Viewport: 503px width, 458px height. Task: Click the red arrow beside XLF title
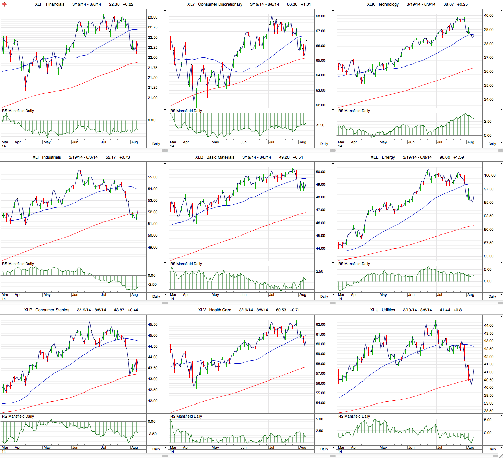(4, 4)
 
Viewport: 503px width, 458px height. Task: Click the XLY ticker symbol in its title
(191, 4)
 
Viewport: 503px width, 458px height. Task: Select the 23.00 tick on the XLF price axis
(152, 17)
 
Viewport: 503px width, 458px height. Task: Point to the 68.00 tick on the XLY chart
(320, 16)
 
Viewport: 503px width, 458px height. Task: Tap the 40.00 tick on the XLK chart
(489, 15)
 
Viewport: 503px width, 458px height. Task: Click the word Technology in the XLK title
(388, 4)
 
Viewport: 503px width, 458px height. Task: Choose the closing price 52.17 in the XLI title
(111, 157)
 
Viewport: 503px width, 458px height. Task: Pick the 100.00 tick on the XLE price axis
(490, 175)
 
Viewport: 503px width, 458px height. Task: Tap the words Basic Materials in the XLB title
(220, 157)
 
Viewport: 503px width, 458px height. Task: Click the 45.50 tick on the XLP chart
(152, 324)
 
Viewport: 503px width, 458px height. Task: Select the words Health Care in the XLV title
(220, 310)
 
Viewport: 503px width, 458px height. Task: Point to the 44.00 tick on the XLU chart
(489, 325)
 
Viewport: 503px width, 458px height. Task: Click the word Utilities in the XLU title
(388, 310)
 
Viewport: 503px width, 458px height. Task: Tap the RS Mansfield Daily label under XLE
(354, 264)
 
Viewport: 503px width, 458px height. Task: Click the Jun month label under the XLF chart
(75, 142)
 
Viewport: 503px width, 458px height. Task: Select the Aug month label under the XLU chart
(470, 447)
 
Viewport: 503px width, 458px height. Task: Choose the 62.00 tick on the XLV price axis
(320, 324)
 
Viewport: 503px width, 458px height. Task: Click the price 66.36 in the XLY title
(292, 4)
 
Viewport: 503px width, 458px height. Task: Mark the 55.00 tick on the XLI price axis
(152, 177)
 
